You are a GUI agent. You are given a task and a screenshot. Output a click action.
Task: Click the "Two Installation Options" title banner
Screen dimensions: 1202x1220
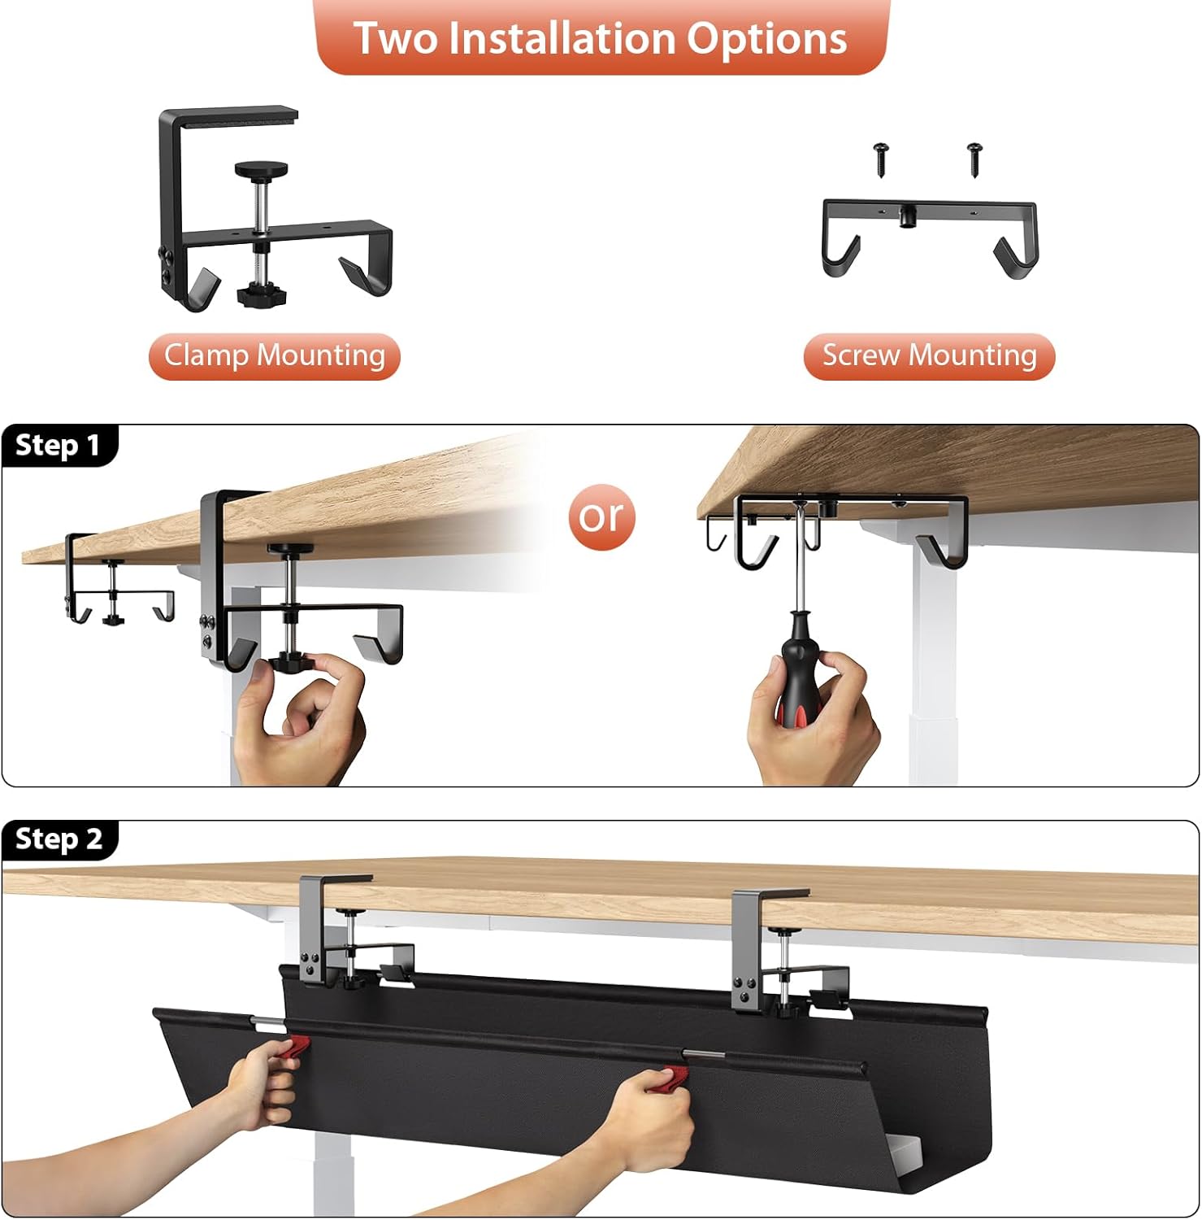[601, 37]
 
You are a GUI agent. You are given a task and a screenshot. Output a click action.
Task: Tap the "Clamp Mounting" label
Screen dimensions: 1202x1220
[275, 356]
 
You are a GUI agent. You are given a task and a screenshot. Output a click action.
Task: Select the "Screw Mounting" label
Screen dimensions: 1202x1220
[929, 356]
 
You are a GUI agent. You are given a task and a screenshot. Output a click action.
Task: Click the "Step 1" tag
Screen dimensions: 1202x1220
[59, 446]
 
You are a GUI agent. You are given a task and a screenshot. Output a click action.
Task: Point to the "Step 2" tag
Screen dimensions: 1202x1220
[59, 839]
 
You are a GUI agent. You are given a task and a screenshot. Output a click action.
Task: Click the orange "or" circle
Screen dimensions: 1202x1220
[601, 516]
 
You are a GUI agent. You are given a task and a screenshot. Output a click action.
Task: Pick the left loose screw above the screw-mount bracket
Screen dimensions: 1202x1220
[882, 159]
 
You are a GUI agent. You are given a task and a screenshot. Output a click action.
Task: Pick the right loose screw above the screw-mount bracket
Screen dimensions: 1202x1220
[975, 159]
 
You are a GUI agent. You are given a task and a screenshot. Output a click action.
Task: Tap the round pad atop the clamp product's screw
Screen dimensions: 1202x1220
[261, 169]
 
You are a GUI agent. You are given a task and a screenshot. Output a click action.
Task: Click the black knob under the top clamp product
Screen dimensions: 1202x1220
[259, 295]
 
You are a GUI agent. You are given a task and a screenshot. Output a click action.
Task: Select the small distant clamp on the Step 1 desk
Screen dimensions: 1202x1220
[119, 580]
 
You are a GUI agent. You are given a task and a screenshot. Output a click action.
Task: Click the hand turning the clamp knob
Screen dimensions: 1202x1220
[300, 716]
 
